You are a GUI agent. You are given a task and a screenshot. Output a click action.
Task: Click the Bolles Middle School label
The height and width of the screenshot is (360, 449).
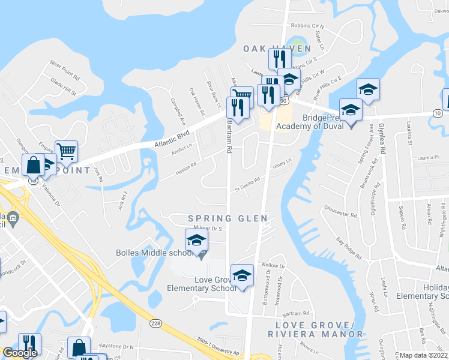point(154,253)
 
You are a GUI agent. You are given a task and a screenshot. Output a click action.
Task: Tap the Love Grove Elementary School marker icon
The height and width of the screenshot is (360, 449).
point(242,275)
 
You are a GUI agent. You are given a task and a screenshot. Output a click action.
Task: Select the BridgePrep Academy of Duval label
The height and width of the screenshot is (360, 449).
point(309,122)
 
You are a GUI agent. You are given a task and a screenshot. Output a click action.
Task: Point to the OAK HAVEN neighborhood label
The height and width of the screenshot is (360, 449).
point(277,48)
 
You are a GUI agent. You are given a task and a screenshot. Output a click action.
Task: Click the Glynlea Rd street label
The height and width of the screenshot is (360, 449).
point(381,137)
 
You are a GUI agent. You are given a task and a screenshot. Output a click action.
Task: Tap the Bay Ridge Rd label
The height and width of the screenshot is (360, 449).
point(349,248)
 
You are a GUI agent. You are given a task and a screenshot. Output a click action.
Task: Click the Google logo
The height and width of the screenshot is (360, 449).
point(19,353)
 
